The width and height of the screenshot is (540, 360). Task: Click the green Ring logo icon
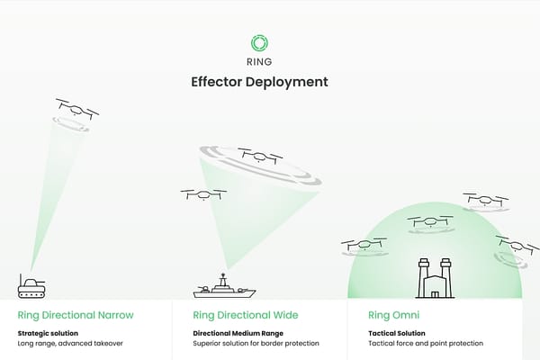click(259, 42)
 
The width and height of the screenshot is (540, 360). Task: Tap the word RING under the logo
click(259, 62)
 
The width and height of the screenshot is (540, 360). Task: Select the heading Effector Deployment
click(259, 82)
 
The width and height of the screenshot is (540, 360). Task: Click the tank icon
click(32, 287)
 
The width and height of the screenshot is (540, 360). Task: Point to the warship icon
click(224, 288)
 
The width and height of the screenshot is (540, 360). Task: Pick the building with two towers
click(435, 278)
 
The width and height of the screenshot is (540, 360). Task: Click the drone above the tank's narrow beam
click(76, 108)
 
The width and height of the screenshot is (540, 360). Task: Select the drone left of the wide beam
click(202, 193)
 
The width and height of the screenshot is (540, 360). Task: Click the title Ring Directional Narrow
click(76, 315)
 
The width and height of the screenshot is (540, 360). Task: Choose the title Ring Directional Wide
click(246, 315)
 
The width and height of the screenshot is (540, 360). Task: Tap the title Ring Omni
click(393, 315)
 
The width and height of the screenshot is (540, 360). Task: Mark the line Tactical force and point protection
click(426, 343)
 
